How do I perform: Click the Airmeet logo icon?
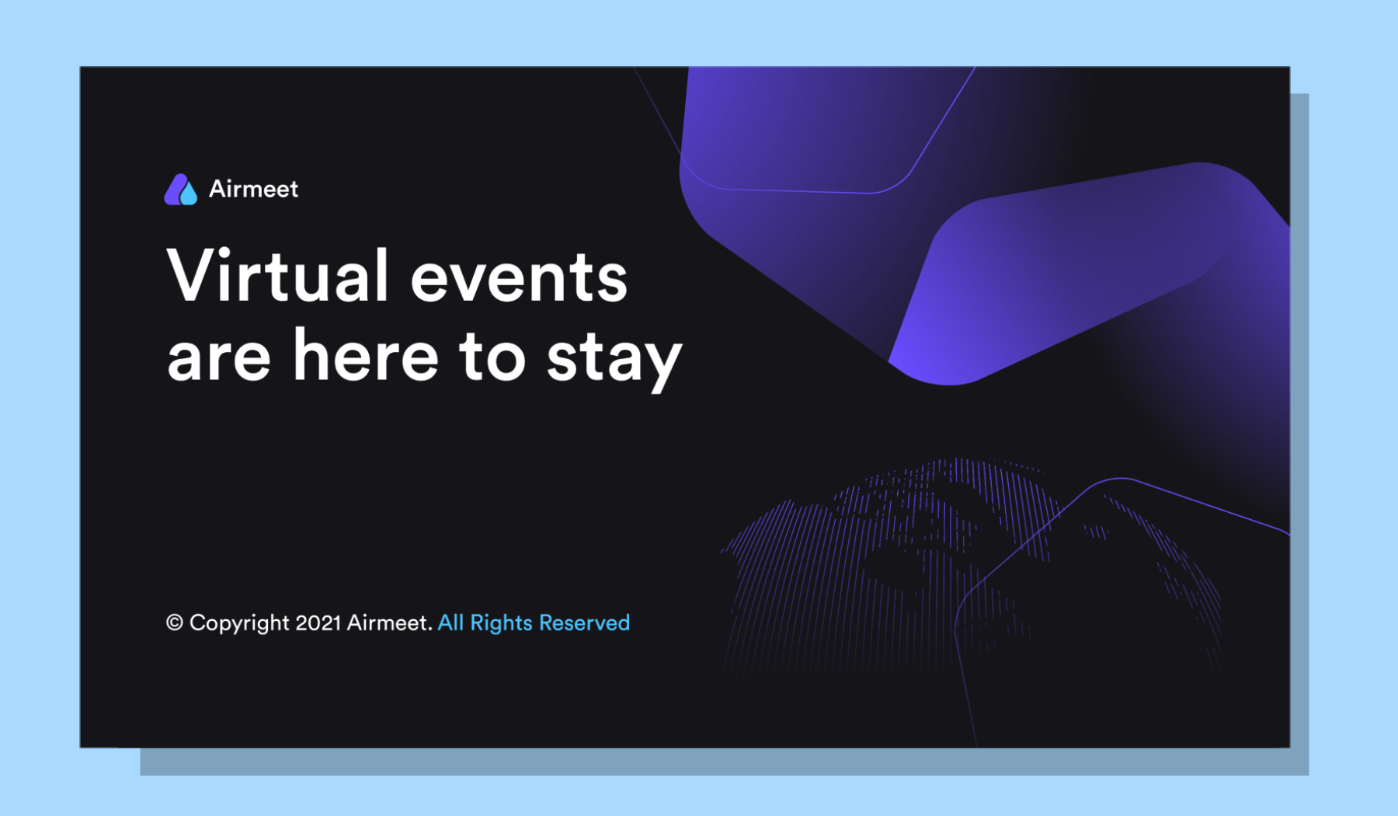point(181,189)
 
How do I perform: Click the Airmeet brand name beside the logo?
point(253,189)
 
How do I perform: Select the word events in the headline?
point(519,279)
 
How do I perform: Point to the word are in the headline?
point(219,358)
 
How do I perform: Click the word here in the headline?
point(366,354)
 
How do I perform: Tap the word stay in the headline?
point(614,360)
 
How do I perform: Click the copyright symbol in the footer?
point(175,622)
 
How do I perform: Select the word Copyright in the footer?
point(239,623)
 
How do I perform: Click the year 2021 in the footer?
point(318,622)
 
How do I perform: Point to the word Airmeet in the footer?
point(389,622)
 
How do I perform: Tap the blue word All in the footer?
point(451,622)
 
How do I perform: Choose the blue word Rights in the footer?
point(501,623)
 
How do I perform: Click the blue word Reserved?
point(584,622)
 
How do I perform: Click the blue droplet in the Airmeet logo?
point(189,195)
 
